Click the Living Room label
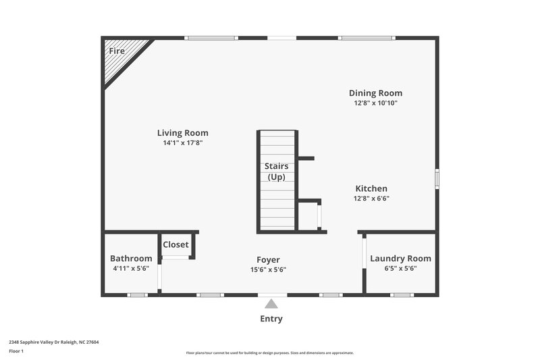[x=182, y=133]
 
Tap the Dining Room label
[x=375, y=93]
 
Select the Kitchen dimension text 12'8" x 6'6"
[x=371, y=199]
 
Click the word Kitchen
[x=371, y=188]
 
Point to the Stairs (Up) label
[x=276, y=172]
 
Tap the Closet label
[x=175, y=245]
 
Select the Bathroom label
[x=131, y=258]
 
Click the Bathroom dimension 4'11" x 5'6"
[x=130, y=268]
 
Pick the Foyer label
[x=268, y=259]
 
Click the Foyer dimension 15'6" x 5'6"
[x=268, y=269]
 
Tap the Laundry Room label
[x=400, y=258]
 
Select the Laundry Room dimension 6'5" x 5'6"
[x=400, y=268]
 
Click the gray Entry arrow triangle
[x=271, y=304]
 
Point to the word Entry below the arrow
[x=271, y=319]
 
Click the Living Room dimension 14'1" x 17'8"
[x=182, y=143]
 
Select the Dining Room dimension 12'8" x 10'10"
[x=375, y=103]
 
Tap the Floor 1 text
[x=16, y=351]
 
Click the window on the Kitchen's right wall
[x=437, y=178]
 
